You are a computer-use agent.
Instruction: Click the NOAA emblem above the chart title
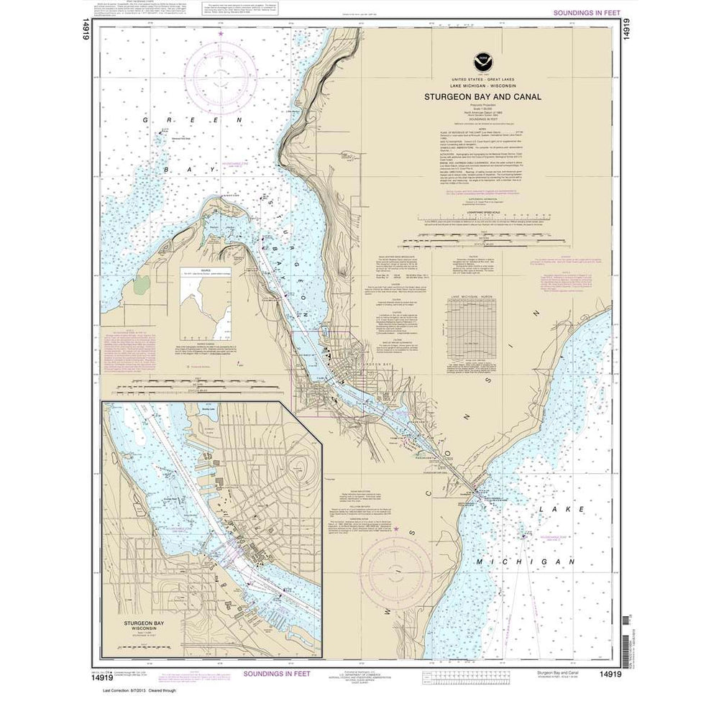tap(476, 63)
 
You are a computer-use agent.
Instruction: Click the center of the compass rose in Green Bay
tap(221, 78)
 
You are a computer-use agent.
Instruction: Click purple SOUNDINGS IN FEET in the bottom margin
tap(276, 674)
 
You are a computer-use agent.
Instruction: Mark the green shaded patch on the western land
tap(140, 286)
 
